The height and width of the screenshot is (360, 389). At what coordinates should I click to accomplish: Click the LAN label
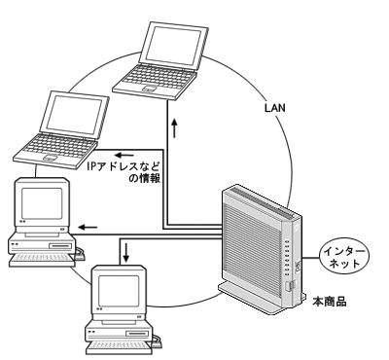pos(275,108)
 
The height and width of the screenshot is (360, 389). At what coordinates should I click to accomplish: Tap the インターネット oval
pos(344,258)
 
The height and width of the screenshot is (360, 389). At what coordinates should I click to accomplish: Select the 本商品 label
pos(330,302)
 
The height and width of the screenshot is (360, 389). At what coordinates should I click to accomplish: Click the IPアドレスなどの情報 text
pos(124,172)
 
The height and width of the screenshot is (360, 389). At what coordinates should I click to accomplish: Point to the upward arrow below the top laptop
pos(175,128)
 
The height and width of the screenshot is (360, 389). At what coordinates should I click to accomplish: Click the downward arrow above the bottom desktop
pos(126,252)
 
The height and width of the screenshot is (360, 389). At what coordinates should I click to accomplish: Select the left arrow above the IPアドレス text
pos(124,155)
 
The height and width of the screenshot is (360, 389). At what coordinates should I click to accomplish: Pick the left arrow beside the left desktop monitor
pos(88,227)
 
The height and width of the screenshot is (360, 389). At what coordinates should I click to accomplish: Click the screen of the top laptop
pos(174,46)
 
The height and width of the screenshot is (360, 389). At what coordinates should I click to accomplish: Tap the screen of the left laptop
pos(75,114)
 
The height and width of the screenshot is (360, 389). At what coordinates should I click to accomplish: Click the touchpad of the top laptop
pos(149,89)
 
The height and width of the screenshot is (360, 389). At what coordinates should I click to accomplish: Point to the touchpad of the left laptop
pos(50,158)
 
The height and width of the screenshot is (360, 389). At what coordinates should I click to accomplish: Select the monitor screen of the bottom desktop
pos(119,290)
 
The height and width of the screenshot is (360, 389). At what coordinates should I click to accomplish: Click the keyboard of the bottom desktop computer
pos(119,347)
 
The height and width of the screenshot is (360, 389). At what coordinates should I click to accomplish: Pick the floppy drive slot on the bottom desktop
pos(137,334)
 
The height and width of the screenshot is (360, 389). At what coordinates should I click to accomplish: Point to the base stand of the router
pos(261,299)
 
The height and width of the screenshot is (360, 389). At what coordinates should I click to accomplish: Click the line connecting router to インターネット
pos(310,258)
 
